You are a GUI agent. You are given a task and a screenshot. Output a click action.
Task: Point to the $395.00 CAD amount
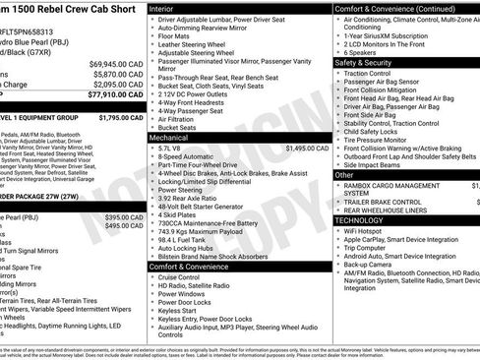pos(124,217)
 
